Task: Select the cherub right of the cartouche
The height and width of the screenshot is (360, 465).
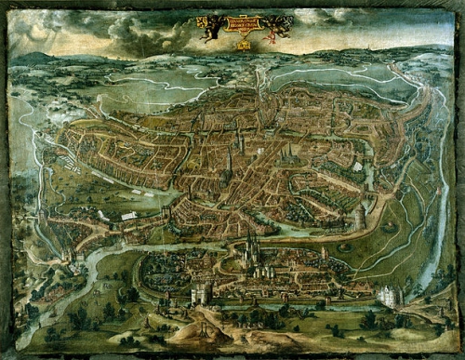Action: (x=272, y=28)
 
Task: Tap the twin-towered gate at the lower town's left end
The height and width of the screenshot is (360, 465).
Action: (x=201, y=294)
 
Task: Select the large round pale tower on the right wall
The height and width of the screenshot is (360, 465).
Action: (x=358, y=217)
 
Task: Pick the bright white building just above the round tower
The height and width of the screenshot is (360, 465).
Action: (x=357, y=167)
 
